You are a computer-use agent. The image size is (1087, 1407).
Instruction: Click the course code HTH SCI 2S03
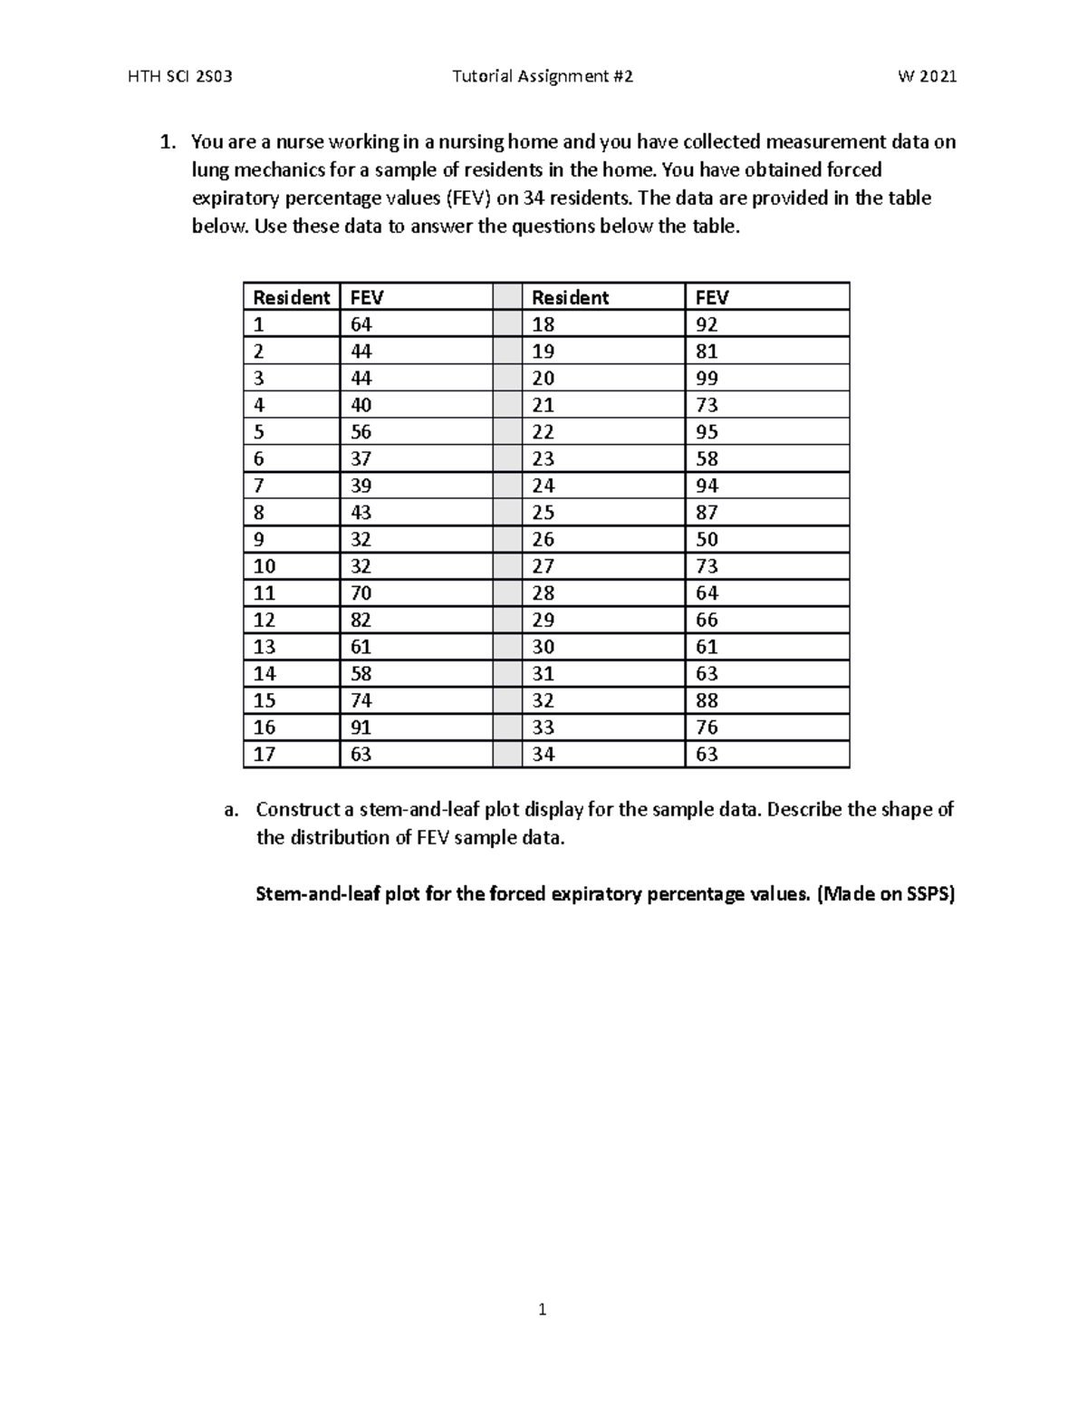pos(180,77)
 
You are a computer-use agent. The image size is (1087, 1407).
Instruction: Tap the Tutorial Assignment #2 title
pos(542,77)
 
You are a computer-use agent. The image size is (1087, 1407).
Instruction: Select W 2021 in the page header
pos(927,77)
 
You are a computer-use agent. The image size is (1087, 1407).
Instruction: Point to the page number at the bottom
pos(542,1309)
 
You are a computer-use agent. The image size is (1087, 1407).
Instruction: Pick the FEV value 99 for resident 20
pos(707,379)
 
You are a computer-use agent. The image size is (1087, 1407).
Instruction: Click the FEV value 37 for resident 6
pos(361,459)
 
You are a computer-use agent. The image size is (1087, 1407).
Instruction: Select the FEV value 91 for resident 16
pos(361,728)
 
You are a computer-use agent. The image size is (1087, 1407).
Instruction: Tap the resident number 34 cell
pos(543,755)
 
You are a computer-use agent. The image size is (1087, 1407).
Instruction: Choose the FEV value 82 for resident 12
pos(361,621)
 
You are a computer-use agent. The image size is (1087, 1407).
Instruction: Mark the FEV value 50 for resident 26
pos(707,540)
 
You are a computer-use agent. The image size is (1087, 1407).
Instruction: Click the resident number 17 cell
pos(264,755)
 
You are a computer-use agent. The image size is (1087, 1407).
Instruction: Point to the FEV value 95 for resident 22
pos(707,432)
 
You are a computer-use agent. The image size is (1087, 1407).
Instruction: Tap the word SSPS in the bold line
pos(927,895)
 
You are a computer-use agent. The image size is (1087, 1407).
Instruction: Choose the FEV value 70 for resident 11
pos(361,593)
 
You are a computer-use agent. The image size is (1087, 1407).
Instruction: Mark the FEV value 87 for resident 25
pos(707,513)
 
